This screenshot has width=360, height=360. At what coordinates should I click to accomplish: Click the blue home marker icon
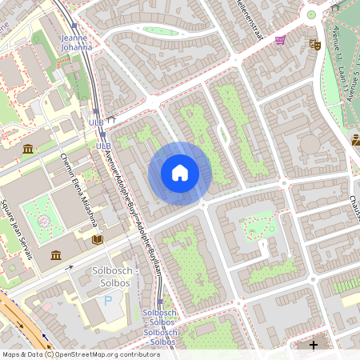pyautogui.click(x=180, y=172)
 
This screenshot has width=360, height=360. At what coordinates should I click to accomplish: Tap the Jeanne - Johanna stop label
pyautogui.click(x=77, y=42)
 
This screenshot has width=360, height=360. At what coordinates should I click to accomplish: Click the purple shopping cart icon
pyautogui.click(x=280, y=40)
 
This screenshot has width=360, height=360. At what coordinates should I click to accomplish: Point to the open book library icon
pyautogui.click(x=98, y=239)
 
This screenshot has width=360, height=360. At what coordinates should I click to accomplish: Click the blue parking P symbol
pyautogui.click(x=108, y=302)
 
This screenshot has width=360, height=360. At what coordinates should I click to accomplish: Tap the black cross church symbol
pyautogui.click(x=314, y=346)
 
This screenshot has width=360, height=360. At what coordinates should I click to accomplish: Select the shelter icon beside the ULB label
pyautogui.click(x=113, y=120)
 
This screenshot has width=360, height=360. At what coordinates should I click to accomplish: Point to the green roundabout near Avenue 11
pyautogui.click(x=311, y=14)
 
